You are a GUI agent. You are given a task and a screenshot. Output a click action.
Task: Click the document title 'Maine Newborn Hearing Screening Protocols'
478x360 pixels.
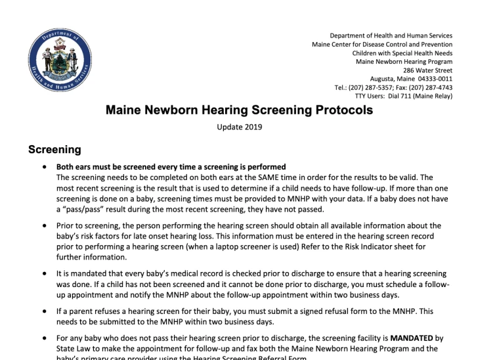239,110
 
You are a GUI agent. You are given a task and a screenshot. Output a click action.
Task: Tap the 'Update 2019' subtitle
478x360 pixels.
239,127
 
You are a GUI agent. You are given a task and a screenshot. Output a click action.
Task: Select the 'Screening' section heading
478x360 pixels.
54,150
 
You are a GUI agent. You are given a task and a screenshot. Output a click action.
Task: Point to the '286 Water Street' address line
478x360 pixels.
427,70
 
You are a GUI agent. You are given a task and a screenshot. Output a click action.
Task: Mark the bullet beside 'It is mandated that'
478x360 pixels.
44,273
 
